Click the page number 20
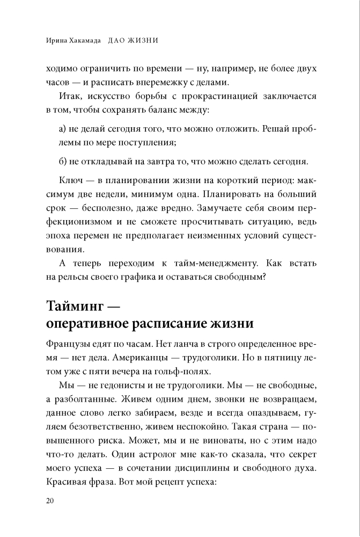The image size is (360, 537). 50,502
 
